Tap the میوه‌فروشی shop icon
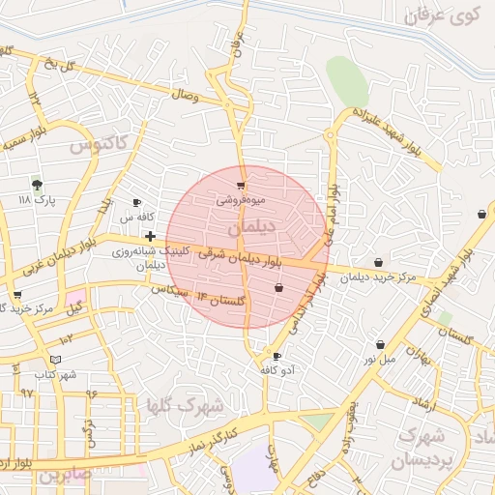point(241,185)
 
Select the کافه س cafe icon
point(136,202)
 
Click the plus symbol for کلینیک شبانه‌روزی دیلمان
point(151,236)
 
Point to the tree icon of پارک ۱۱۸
point(37,184)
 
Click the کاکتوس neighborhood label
point(99,144)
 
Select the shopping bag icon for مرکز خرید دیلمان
point(377,262)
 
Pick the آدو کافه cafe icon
point(277,356)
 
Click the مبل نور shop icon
point(380,344)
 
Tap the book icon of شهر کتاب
point(55,359)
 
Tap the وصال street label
point(184,97)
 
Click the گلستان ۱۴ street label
point(222,301)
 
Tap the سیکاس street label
point(169,289)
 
